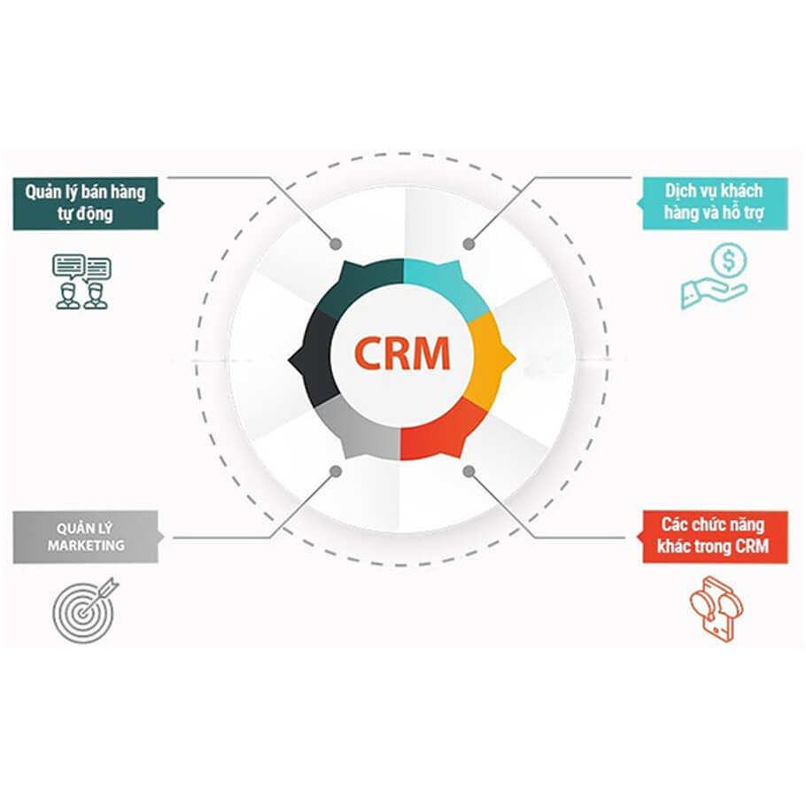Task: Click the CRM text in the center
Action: pyautogui.click(x=402, y=353)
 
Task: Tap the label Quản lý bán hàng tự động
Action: pyautogui.click(x=86, y=202)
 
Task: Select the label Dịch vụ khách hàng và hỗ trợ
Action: pyautogui.click(x=714, y=202)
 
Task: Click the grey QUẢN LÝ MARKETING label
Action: pyautogui.click(x=86, y=536)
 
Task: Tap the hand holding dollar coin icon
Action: pyautogui.click(x=714, y=278)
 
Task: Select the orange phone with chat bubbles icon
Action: pyautogui.click(x=716, y=608)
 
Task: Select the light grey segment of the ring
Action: pyautogui.click(x=354, y=428)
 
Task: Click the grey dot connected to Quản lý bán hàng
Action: pyautogui.click(x=335, y=243)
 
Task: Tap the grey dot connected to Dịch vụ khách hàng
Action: pyautogui.click(x=469, y=242)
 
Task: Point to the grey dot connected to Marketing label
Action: pyautogui.click(x=335, y=471)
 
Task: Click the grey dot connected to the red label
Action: pyautogui.click(x=469, y=471)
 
